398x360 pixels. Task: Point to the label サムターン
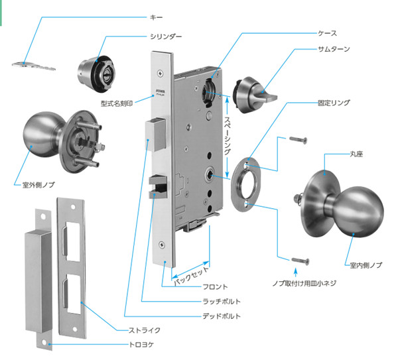[335, 49]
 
